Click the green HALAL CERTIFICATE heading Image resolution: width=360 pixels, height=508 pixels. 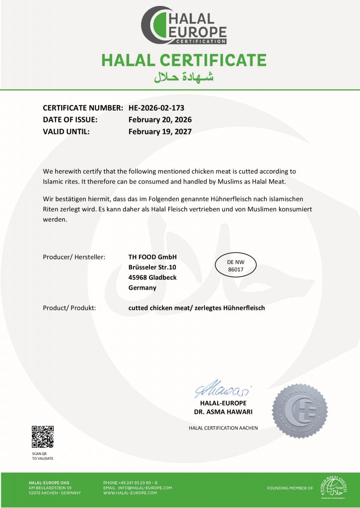coord(184,61)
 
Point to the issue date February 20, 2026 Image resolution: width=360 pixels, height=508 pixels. coord(160,120)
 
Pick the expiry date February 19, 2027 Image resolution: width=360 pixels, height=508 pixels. coord(160,131)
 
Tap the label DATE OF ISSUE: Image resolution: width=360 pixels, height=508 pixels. coord(70,120)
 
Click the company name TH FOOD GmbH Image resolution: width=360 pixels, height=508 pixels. coord(152,256)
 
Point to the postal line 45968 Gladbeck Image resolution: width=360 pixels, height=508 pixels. coord(152,277)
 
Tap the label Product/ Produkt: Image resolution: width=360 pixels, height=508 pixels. coord(70,308)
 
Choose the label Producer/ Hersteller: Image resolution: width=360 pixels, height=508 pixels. coord(74,256)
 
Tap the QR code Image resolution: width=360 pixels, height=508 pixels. coord(43,437)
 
